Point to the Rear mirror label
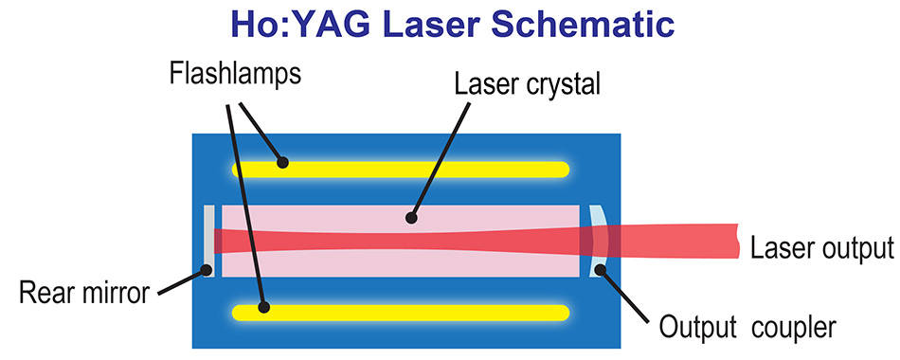click(x=84, y=294)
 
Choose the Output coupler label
click(x=747, y=328)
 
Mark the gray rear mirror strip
click(x=209, y=241)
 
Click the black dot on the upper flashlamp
click(x=281, y=162)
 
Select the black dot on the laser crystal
click(x=410, y=217)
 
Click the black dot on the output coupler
click(x=599, y=272)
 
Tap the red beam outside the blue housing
click(x=682, y=241)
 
